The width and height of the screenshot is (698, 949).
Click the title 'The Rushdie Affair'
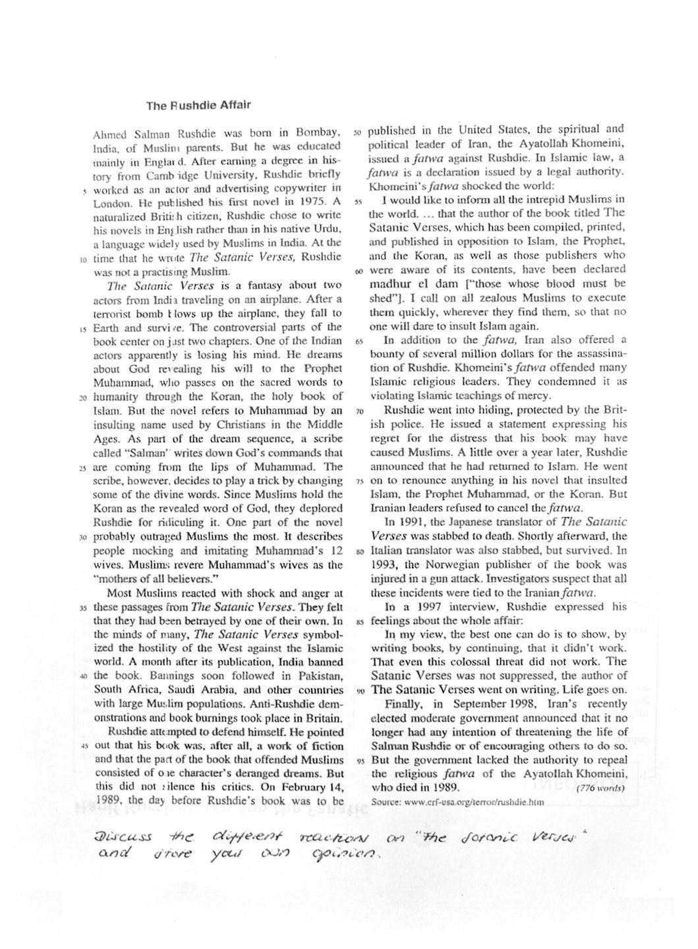(198, 105)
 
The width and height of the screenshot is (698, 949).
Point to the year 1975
(312, 202)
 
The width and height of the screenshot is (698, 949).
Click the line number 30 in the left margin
(83, 537)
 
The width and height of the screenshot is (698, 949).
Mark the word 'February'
(303, 787)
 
